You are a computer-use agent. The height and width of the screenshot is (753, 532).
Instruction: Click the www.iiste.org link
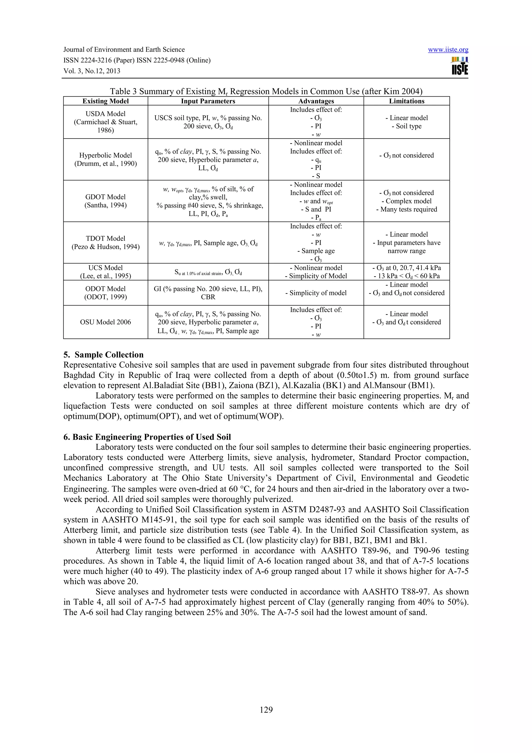(x=448, y=50)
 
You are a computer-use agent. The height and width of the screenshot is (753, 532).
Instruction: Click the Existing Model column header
(x=105, y=101)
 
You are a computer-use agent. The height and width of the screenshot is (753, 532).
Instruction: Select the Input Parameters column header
(x=208, y=101)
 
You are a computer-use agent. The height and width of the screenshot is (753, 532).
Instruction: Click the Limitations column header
(x=407, y=101)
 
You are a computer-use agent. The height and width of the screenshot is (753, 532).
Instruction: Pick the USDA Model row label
(x=105, y=122)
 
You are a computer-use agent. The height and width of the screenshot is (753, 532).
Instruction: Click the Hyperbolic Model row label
(x=105, y=159)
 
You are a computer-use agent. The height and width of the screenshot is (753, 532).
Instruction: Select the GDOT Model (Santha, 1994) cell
(x=105, y=201)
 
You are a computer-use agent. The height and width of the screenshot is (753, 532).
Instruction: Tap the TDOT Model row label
(x=105, y=243)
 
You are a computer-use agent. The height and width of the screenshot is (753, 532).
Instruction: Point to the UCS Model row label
(x=105, y=272)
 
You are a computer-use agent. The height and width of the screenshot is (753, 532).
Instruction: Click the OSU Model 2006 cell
(x=105, y=322)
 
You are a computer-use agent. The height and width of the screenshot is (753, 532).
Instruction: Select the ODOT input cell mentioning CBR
(x=208, y=293)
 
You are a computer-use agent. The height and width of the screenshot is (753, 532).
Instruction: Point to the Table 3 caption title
(x=266, y=91)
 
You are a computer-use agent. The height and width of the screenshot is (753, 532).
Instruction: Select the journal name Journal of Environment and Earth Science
(x=124, y=50)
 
